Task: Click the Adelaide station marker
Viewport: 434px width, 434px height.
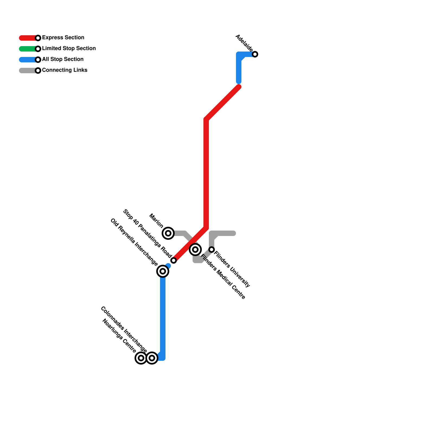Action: [255, 54]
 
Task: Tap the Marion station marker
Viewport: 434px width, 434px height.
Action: [168, 233]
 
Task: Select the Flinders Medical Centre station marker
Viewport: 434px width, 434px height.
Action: [195, 250]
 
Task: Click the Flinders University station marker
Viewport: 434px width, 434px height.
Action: [212, 250]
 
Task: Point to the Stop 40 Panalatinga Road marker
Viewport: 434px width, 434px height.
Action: [174, 260]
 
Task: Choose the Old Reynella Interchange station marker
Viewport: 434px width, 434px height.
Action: [163, 271]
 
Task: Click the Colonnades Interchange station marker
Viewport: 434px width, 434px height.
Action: [152, 358]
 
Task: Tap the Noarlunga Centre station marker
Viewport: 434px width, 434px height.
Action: [141, 358]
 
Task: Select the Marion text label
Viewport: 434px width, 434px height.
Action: [156, 221]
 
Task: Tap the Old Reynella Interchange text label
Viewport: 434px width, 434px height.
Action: [134, 242]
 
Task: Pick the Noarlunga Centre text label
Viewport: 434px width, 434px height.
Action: [119, 336]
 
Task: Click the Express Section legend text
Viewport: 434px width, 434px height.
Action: [63, 38]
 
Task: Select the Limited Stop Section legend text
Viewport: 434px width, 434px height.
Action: [69, 49]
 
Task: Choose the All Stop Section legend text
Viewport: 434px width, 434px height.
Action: [63, 59]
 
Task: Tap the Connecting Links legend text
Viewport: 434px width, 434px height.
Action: [65, 70]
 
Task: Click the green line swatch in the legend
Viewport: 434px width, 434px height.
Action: [27, 49]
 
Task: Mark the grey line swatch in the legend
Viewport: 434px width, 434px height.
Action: [27, 71]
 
